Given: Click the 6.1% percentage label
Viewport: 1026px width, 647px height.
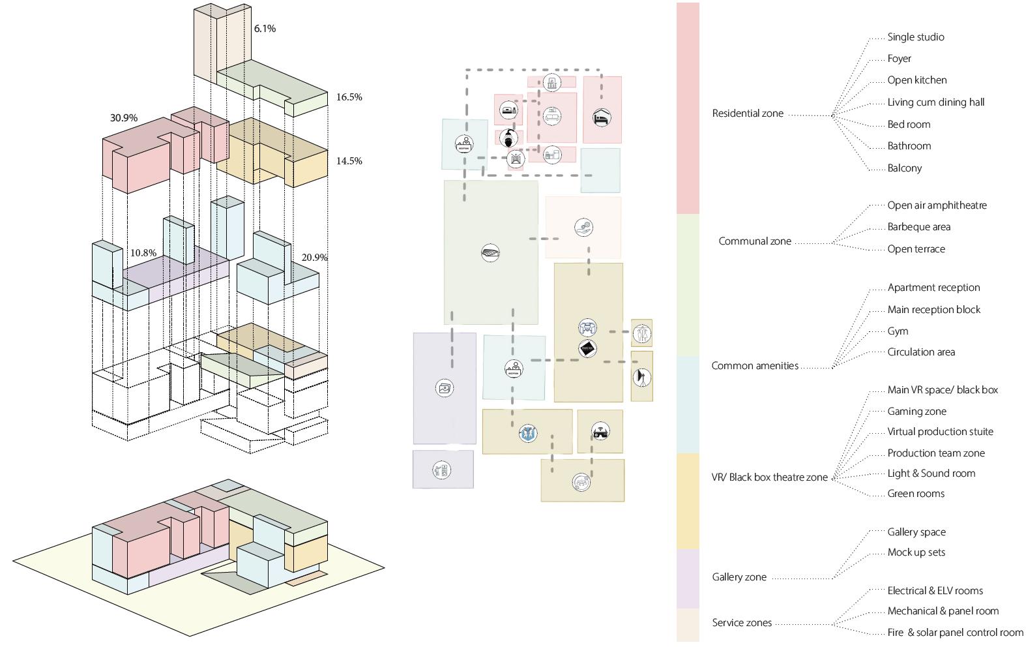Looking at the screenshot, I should [x=265, y=29].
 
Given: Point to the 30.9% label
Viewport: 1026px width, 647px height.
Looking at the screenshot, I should [x=123, y=118].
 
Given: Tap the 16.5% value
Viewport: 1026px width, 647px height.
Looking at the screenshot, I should [x=349, y=97].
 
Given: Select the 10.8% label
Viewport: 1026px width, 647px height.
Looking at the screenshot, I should [x=143, y=253].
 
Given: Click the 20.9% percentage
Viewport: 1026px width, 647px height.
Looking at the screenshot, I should [x=314, y=258].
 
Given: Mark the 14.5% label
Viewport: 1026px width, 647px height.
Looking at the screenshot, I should [x=349, y=161].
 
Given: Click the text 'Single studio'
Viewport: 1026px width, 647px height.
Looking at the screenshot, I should [x=915, y=37].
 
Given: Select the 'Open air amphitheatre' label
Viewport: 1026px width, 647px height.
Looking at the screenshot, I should [x=937, y=205].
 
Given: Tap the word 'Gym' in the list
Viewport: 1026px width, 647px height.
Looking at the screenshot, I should [x=898, y=331].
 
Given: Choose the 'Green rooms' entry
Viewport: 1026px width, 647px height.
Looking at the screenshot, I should [x=915, y=494].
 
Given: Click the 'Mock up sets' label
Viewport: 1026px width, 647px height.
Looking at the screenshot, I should [x=916, y=552].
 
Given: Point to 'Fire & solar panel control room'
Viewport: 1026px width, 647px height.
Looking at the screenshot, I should [x=955, y=633].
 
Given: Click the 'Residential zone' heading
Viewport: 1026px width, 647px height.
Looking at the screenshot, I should [x=747, y=113].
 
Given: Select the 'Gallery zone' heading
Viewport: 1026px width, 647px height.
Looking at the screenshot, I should [x=739, y=577].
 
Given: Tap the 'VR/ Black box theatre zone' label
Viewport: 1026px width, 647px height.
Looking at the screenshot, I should [x=769, y=477].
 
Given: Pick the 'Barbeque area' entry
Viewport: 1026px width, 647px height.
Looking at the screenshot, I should [x=918, y=227].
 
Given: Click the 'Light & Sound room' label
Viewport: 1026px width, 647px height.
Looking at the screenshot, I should [x=931, y=474].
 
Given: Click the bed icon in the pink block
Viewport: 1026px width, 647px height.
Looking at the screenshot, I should [x=602, y=118].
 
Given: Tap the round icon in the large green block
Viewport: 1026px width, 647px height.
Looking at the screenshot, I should [x=490, y=253].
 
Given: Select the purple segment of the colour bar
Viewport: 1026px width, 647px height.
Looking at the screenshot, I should [x=688, y=579].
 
